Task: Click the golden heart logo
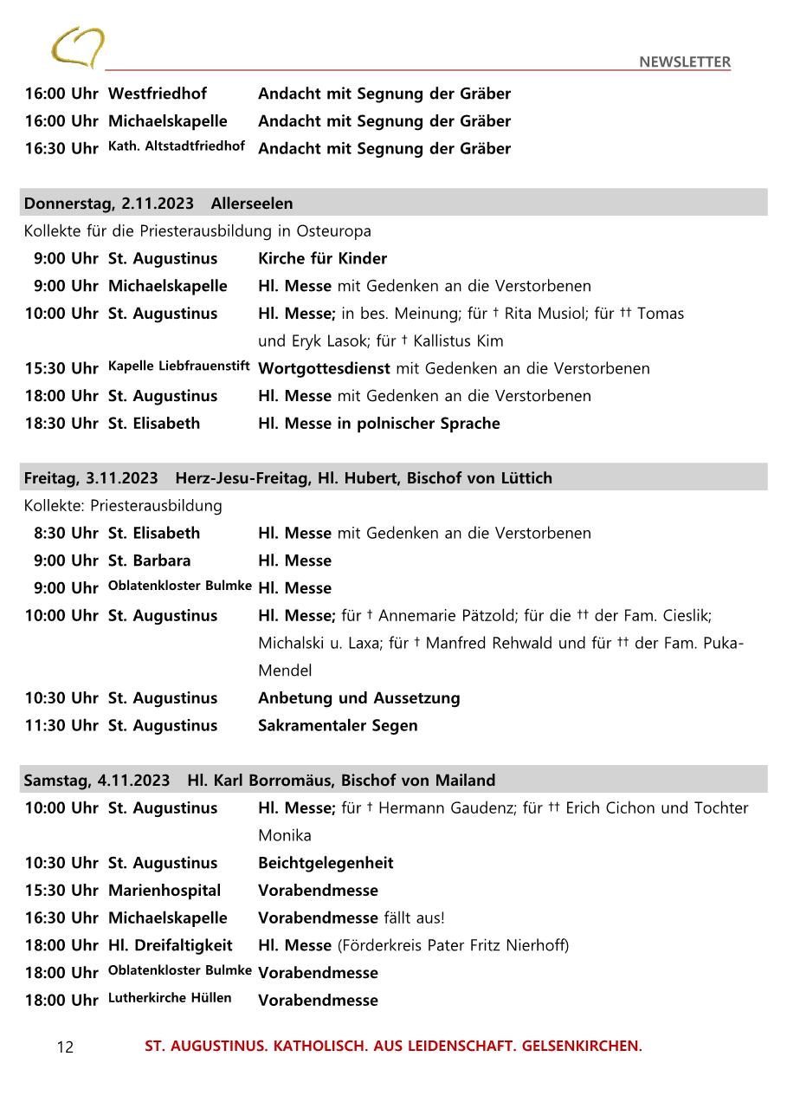tap(78, 47)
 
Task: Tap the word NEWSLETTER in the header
tap(684, 62)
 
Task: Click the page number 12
tap(65, 1047)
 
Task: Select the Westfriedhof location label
tap(158, 94)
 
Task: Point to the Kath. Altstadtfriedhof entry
tap(177, 146)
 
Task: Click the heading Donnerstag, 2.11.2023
tap(109, 204)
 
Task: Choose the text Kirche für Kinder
tap(322, 258)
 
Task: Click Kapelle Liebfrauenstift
tap(179, 366)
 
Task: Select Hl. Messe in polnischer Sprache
tap(378, 424)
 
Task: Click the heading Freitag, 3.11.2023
tap(91, 478)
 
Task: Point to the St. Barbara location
tap(149, 561)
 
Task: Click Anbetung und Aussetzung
tap(358, 698)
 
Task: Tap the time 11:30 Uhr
tap(61, 726)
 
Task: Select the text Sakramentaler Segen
tap(338, 726)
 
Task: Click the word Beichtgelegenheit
tap(326, 863)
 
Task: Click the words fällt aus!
tap(414, 918)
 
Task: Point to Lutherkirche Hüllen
tap(170, 998)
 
